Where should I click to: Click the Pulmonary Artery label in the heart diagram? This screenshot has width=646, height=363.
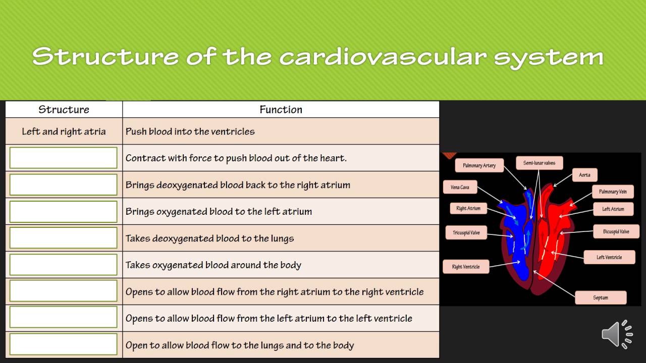point(479,165)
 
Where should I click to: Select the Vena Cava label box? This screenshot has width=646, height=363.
point(460,188)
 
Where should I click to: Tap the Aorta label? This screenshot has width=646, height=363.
point(584,175)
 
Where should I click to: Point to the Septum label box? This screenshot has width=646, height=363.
point(601,297)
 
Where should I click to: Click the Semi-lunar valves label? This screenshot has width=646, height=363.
point(539,163)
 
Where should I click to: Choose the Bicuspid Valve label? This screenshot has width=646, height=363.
point(616,232)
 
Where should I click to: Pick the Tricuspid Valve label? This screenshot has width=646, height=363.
point(466,233)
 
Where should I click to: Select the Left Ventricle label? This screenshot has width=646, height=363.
point(609,257)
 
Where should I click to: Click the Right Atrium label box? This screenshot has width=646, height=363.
point(468,208)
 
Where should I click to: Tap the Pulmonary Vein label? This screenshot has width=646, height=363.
point(613,192)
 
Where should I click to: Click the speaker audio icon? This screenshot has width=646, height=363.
point(617,334)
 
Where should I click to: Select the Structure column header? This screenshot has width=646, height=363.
point(64,109)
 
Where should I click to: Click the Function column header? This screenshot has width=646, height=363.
point(281,109)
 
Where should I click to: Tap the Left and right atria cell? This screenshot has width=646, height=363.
point(64,132)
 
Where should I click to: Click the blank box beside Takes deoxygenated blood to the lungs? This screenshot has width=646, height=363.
point(64,238)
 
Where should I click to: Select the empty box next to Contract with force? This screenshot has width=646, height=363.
point(64,158)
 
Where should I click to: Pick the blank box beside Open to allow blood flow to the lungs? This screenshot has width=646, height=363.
point(64,345)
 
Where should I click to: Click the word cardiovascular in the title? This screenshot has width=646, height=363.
point(383,56)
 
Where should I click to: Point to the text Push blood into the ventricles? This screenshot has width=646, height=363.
point(190,132)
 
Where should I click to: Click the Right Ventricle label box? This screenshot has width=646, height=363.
point(466,267)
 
